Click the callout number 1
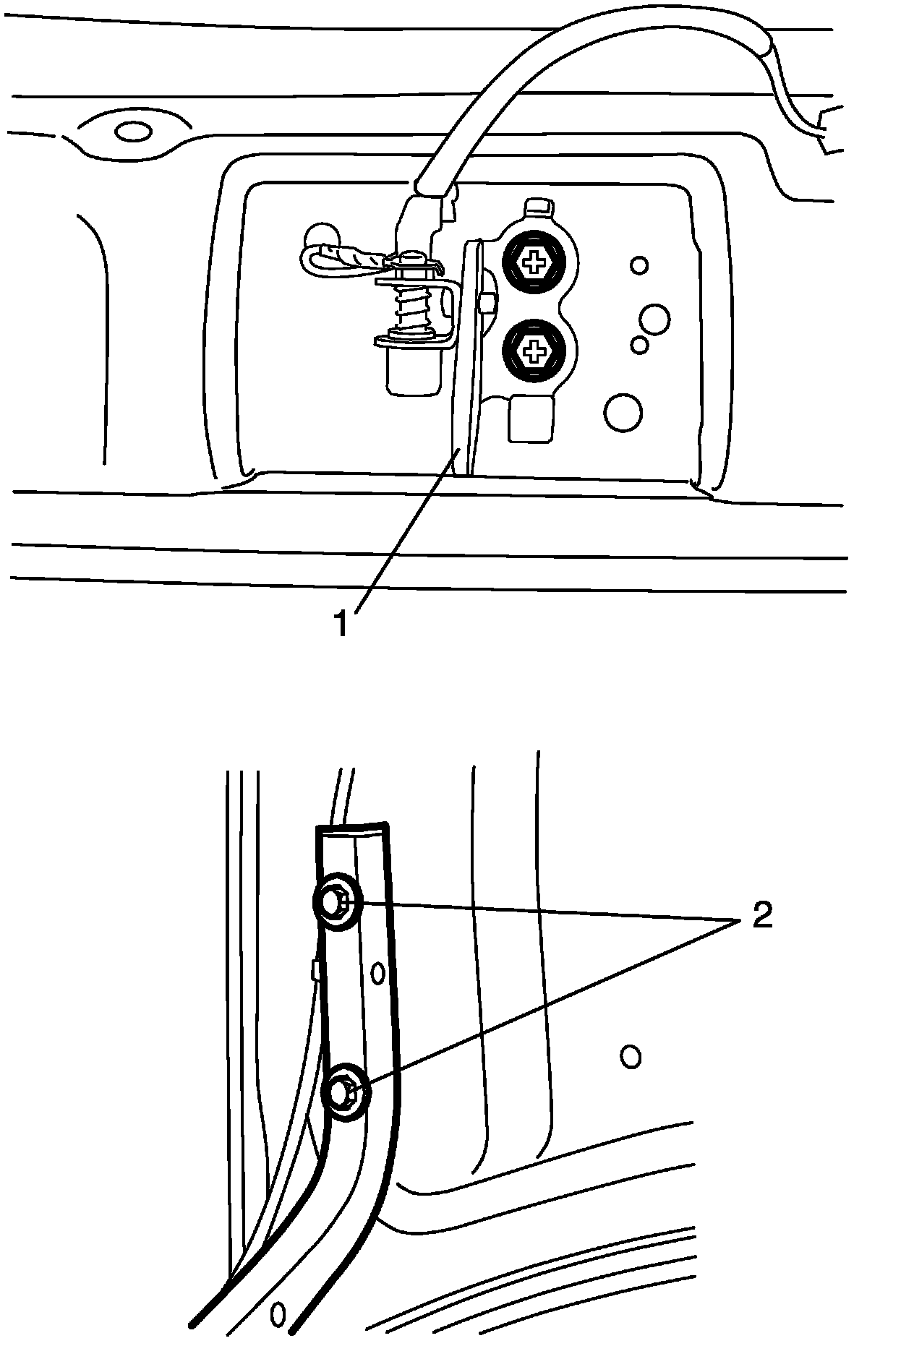pos(341,624)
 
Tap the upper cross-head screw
pos(534,262)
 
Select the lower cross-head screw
pos(534,352)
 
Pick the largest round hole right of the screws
pos(622,412)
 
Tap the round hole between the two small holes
pos(654,319)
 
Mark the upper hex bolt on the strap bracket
pos(335,901)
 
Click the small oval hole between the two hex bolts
pos(377,973)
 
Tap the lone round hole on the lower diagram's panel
pos(631,1057)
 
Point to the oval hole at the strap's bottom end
pos(278,1313)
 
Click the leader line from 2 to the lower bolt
pos(550,1005)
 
